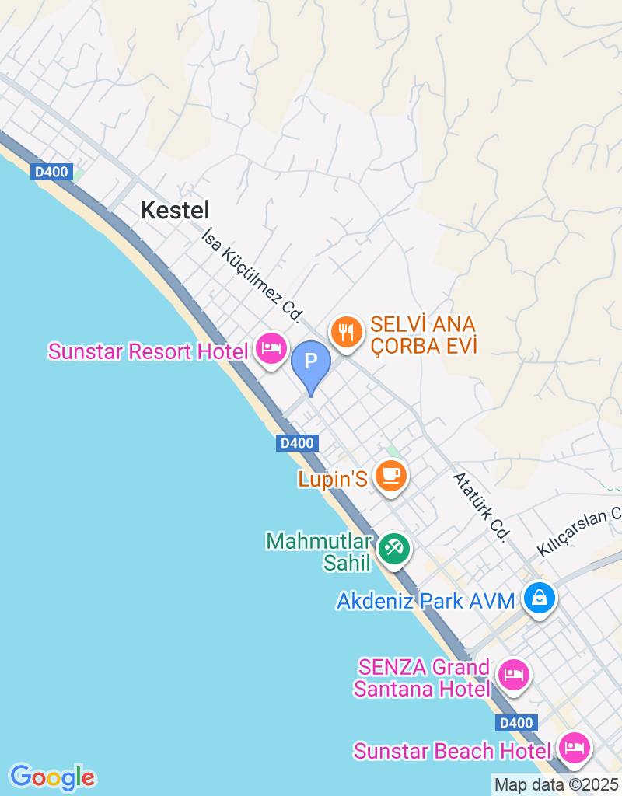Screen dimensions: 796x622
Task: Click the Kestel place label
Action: (175, 209)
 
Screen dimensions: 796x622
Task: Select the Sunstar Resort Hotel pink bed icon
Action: (271, 349)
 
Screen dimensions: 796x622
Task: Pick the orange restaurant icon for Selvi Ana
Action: (346, 332)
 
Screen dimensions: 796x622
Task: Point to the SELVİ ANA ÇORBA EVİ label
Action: (423, 335)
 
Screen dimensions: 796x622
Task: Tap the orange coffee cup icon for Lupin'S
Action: (390, 475)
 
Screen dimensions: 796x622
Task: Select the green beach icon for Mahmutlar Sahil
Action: (394, 549)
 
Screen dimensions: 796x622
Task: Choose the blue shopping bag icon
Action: (538, 598)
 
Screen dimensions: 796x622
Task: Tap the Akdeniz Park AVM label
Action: (426, 601)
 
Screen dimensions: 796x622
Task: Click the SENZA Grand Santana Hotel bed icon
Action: (513, 674)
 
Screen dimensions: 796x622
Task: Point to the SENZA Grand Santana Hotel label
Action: (424, 678)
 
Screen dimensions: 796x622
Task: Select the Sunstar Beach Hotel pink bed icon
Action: (575, 749)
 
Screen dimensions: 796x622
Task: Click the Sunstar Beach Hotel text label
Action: (455, 751)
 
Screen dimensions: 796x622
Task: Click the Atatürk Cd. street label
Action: (481, 506)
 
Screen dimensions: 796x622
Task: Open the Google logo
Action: (52, 777)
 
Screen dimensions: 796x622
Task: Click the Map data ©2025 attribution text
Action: (556, 784)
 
